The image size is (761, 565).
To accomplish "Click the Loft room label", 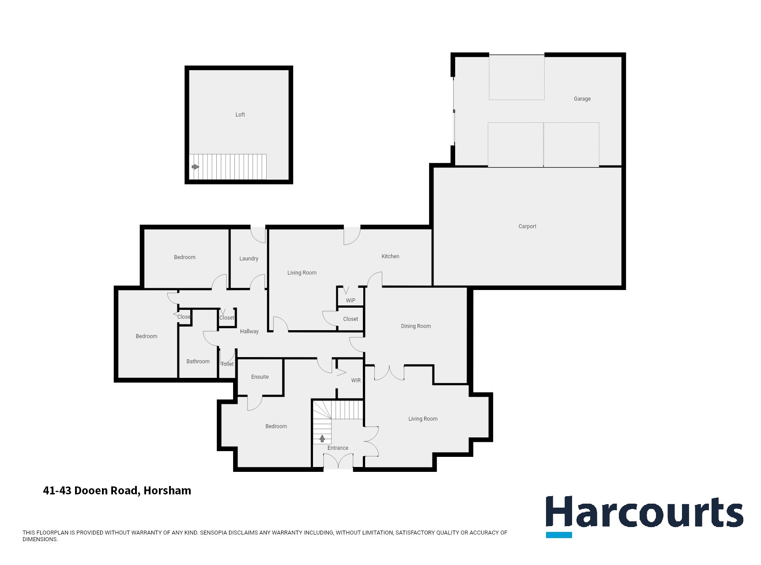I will [240, 115].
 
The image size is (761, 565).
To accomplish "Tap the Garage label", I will [582, 99].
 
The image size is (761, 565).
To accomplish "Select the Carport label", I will [527, 226].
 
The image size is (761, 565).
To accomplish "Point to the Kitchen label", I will [390, 256].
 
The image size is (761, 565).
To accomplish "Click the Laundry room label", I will [249, 259].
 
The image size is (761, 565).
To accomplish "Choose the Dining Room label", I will [416, 326].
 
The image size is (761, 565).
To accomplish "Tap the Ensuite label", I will [260, 377].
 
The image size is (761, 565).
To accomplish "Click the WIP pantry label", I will [350, 301].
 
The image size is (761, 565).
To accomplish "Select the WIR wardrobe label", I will [356, 380].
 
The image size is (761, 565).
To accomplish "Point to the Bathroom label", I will [198, 362].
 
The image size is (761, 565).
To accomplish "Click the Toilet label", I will [227, 364].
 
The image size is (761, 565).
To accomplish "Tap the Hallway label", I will [249, 331].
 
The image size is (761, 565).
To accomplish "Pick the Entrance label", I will [338, 448].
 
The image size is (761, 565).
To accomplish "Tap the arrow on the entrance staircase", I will [322, 438].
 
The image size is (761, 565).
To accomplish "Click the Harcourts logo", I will [644, 512].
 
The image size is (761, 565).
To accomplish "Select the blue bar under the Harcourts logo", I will [559, 535].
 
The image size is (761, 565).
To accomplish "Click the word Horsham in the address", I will [167, 490].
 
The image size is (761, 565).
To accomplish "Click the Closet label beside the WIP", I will [350, 319].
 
